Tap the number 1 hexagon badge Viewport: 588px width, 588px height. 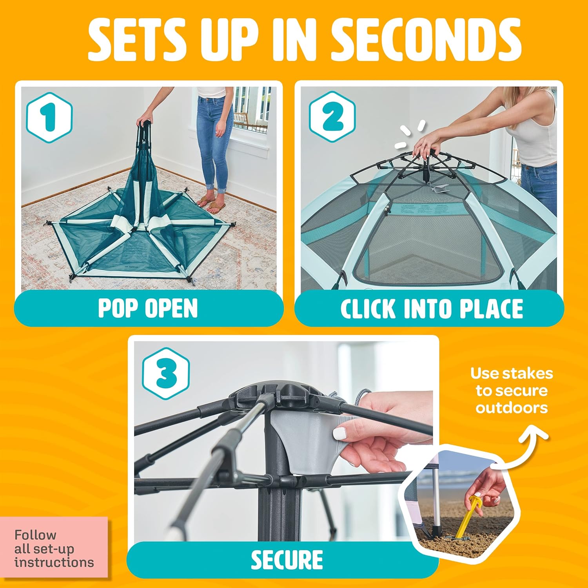49,118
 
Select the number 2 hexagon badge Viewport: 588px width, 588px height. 332,116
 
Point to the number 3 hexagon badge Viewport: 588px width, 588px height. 166,373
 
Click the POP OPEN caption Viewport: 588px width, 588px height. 148,308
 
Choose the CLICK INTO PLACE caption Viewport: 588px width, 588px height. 432,309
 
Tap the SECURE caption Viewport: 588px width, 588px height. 287,560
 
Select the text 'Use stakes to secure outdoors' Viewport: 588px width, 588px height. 512,390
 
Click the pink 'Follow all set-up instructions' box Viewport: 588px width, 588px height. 54,547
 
